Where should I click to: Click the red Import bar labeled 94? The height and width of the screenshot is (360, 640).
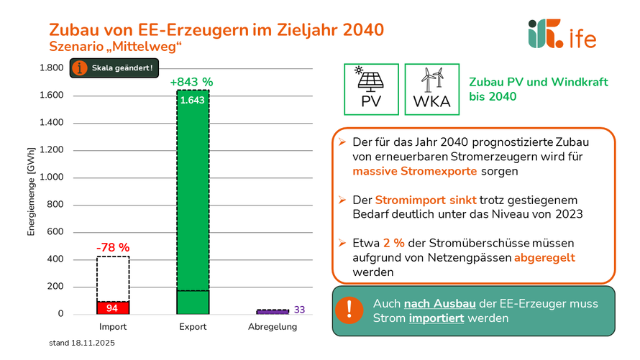pos(112,308)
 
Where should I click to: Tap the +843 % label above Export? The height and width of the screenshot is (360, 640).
pos(192,81)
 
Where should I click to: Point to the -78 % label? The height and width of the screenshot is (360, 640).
pos(112,249)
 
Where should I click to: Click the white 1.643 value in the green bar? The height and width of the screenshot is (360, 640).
pos(193,101)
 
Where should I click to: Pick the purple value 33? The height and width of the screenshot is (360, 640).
pos(300,310)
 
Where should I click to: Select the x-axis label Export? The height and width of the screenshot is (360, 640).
pos(192,327)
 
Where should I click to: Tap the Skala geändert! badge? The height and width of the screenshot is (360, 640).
pos(113,68)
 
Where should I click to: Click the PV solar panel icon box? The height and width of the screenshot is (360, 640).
pos(371,89)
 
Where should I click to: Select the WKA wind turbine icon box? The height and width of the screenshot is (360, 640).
pos(431,89)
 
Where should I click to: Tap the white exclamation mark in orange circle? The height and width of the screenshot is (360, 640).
pos(349,310)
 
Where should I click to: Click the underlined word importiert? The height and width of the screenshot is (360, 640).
pos(436,318)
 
